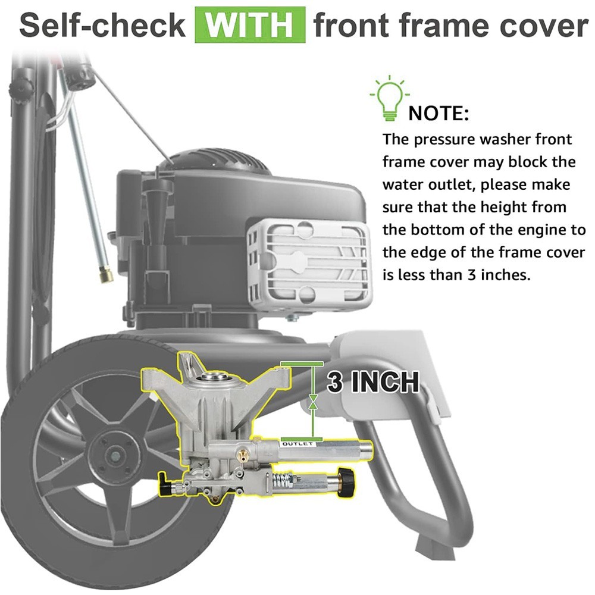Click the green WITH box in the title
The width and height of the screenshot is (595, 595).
pos(250,25)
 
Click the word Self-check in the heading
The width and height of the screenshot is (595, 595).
pos(102,26)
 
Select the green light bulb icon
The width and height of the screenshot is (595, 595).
pos(389,98)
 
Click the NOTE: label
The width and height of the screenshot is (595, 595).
pos(439,114)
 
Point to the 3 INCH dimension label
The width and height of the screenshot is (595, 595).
pos(373,381)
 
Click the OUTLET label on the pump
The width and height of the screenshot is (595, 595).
pos(297,444)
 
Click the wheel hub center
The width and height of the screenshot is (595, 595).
pos(110,453)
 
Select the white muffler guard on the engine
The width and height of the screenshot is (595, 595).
pos(308,261)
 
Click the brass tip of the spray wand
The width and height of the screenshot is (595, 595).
pos(107,274)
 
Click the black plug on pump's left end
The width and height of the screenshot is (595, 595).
pos(165,483)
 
